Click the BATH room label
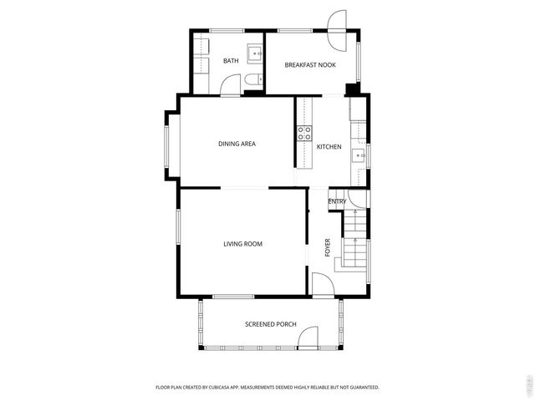tap(231, 61)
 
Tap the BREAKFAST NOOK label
tap(310, 64)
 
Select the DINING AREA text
tap(237, 144)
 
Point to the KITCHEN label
tap(329, 147)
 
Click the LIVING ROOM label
tap(242, 244)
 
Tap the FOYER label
tap(328, 247)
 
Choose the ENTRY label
tap(337, 201)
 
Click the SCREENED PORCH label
tap(270, 324)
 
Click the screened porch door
tap(308, 338)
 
